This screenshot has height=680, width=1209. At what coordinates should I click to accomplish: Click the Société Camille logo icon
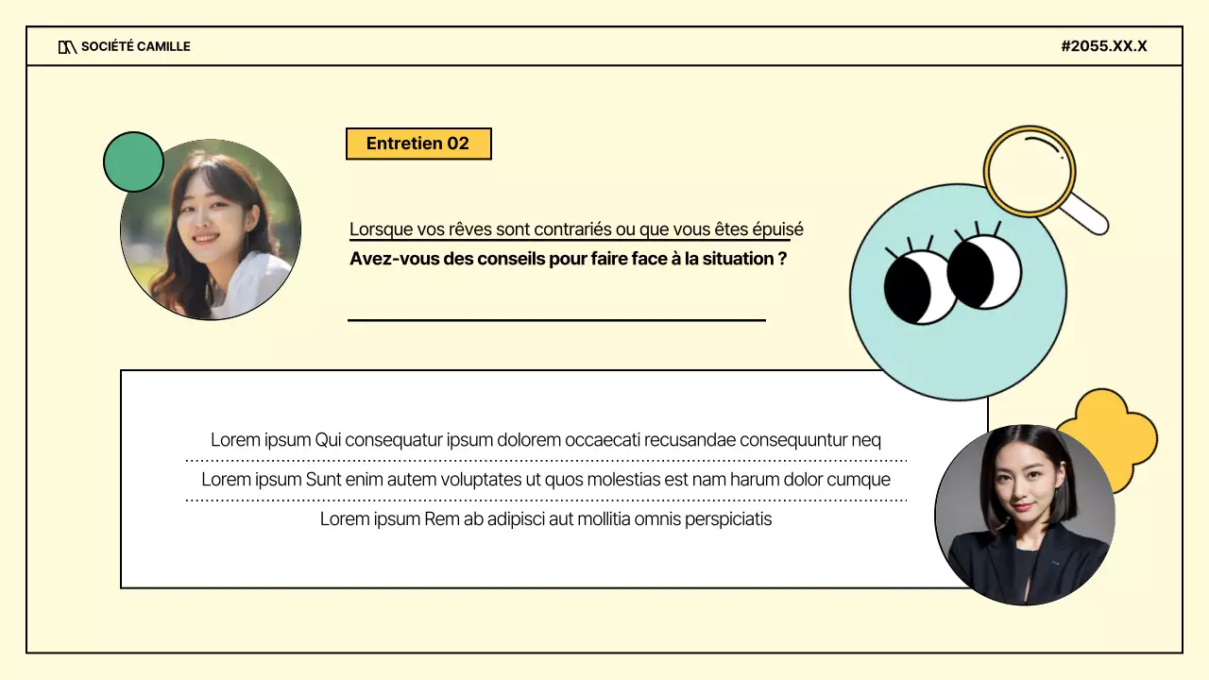coord(67,46)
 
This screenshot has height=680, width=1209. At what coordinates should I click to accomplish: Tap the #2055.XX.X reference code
coord(1103,46)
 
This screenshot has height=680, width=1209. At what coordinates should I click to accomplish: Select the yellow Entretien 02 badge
coord(418,144)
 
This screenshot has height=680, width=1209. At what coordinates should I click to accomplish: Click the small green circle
coord(132,161)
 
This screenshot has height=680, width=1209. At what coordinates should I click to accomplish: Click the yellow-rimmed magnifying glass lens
coord(1030,170)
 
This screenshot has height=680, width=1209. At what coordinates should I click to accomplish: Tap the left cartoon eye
coord(919,287)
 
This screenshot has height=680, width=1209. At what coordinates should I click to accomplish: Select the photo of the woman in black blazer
coord(1025,515)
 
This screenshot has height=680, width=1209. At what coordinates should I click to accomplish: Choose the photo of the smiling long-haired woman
coord(211,229)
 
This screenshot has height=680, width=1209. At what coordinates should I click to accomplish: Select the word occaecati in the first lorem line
coord(602,440)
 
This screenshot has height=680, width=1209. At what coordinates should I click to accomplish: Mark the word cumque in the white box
coord(859,480)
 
